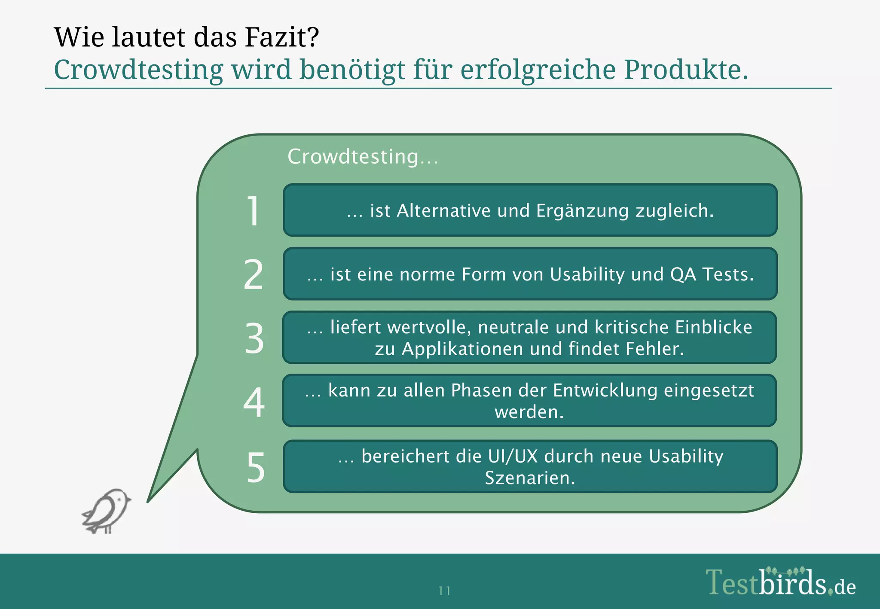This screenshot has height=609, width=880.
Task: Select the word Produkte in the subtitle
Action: tap(686, 69)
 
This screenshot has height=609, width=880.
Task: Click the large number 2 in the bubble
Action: tap(254, 274)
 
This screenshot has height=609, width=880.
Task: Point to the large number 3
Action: tap(254, 338)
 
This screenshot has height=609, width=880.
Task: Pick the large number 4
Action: tap(254, 402)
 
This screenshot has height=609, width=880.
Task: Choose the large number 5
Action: tap(255, 467)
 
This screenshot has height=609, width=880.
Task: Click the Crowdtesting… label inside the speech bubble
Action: tap(363, 156)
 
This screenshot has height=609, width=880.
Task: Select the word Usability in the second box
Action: tap(587, 274)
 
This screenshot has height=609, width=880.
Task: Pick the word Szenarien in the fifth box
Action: tap(530, 478)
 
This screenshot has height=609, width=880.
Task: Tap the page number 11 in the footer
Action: tap(444, 591)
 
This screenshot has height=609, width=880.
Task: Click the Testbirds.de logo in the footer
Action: tap(780, 582)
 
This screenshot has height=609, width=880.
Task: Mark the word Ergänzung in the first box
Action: tap(582, 211)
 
